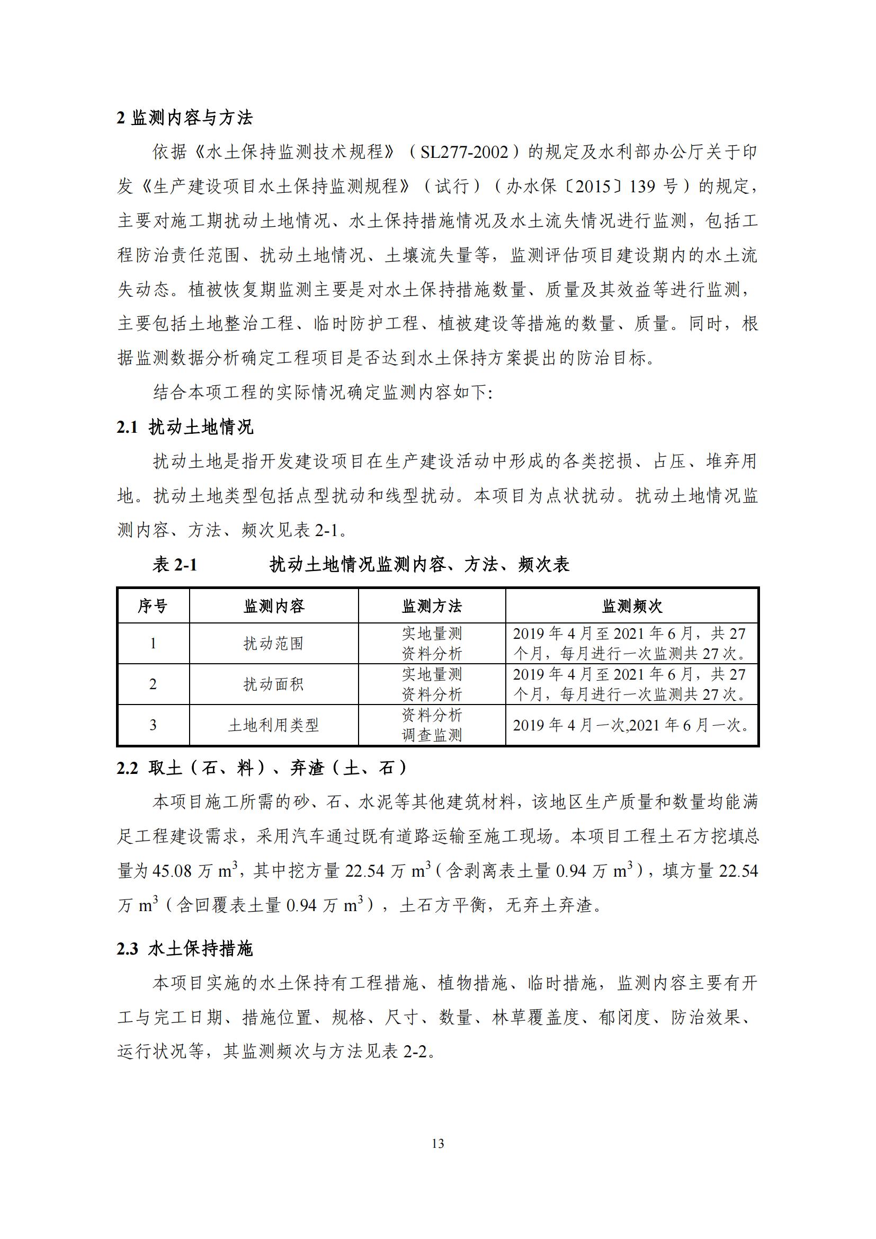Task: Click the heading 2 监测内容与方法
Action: tap(184, 118)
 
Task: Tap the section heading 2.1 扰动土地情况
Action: tap(184, 427)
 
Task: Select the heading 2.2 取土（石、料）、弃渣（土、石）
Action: tap(262, 768)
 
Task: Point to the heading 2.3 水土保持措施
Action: tap(184, 948)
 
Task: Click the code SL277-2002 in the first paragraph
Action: tap(464, 152)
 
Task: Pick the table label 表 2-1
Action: tap(175, 565)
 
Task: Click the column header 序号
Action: tap(153, 606)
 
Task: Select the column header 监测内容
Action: tap(273, 606)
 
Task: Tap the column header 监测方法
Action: tap(432, 606)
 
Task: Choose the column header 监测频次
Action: tap(632, 606)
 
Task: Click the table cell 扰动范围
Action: tap(273, 643)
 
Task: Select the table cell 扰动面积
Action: tap(273, 684)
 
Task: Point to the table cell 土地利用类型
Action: tap(273, 725)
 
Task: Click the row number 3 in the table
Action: tap(153, 725)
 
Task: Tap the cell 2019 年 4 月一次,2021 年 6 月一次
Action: tap(631, 725)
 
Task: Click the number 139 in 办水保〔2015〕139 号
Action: tap(642, 186)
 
